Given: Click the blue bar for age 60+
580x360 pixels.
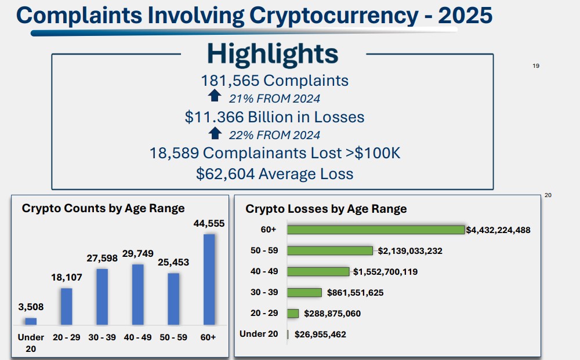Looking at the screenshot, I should [209, 279].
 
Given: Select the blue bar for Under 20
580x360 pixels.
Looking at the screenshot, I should [31, 321].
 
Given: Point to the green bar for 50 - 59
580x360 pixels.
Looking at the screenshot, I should [330, 250].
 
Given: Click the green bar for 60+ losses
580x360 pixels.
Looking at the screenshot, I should [376, 230].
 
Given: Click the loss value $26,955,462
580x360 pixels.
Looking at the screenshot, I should [320, 334].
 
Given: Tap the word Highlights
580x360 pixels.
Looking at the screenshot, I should [273, 54].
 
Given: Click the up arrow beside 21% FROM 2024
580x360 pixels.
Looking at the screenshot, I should [215, 96].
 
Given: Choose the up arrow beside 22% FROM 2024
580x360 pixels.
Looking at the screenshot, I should [215, 133].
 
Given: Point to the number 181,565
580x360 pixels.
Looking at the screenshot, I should [230, 81].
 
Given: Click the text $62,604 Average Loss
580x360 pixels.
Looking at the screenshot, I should [274, 173].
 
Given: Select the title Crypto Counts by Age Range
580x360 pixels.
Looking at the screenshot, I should [103, 208].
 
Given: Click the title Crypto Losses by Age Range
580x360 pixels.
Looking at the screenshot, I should [326, 209].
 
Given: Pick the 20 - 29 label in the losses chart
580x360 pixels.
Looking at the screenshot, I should [264, 313].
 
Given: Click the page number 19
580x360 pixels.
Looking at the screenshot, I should [536, 66].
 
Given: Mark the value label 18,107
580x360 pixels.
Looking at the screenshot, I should [67, 278].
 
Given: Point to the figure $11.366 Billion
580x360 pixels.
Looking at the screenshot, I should [243, 117].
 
